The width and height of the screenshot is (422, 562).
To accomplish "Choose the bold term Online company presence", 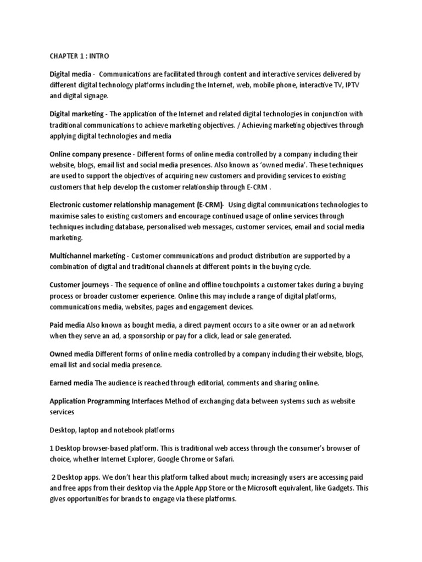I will click(x=90, y=155).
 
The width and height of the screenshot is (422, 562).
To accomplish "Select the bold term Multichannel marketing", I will click(x=88, y=256).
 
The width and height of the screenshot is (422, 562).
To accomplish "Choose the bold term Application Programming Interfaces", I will click(x=106, y=402).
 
